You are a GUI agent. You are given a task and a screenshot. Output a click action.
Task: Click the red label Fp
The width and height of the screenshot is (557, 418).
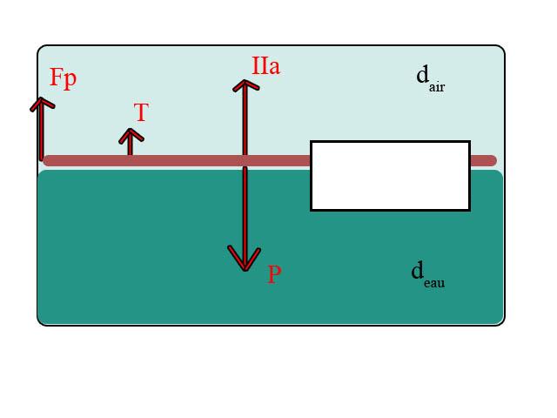(x=63, y=78)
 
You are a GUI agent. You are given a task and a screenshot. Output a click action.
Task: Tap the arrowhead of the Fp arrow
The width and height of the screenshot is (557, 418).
(x=41, y=103)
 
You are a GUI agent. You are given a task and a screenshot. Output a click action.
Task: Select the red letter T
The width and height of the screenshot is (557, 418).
(x=141, y=112)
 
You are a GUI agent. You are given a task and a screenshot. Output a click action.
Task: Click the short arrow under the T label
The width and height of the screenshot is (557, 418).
(x=131, y=142)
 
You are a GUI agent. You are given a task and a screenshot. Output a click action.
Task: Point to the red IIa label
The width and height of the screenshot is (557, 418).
(x=265, y=65)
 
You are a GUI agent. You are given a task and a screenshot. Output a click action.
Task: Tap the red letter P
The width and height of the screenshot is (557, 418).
(x=274, y=275)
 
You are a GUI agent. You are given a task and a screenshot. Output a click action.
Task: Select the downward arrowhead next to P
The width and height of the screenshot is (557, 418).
(x=245, y=260)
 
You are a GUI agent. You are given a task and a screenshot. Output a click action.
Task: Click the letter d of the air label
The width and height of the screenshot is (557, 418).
(x=422, y=75)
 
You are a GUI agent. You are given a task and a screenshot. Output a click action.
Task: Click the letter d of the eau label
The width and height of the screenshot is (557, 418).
(x=418, y=271)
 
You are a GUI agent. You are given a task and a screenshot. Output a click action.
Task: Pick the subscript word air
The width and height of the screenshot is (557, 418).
(x=437, y=87)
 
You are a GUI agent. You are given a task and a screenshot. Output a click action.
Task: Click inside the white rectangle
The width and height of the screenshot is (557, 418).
(x=390, y=176)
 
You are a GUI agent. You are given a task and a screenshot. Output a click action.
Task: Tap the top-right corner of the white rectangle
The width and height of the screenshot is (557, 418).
(x=469, y=142)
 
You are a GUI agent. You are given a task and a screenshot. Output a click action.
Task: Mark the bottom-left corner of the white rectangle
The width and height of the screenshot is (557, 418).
(x=312, y=209)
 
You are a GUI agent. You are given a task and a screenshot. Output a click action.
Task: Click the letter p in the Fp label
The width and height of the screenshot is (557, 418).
(x=70, y=79)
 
